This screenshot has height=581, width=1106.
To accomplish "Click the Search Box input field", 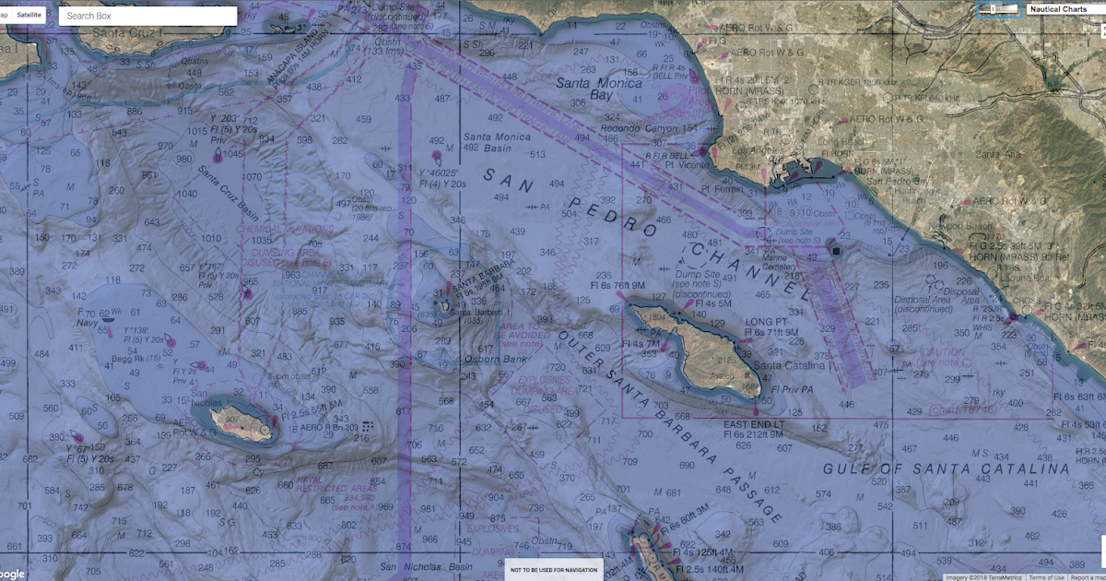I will [147, 16].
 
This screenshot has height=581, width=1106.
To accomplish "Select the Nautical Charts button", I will [1058, 9].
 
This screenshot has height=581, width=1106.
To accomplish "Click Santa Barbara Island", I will [444, 305].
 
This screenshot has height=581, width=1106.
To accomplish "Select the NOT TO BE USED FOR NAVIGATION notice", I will [554, 570].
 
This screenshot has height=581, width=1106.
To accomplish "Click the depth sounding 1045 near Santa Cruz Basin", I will [233, 154].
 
